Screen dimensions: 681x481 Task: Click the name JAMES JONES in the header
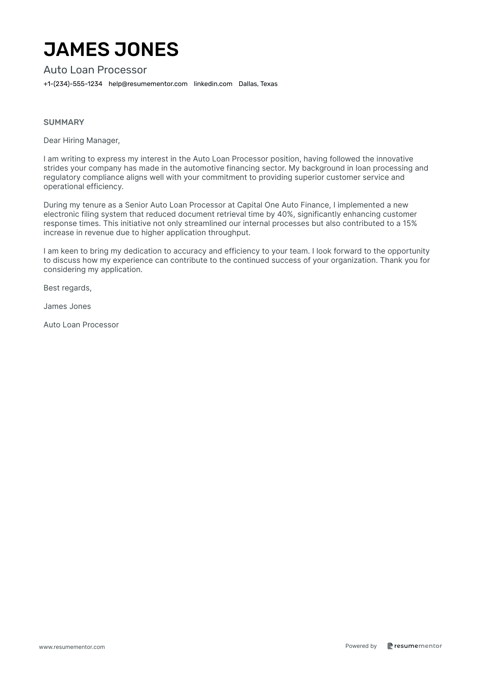click(111, 49)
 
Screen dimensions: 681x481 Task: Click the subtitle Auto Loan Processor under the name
click(95, 70)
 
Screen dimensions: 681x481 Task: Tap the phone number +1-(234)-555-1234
click(73, 84)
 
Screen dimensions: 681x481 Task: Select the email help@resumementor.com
click(148, 84)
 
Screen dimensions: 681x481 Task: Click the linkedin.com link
click(213, 84)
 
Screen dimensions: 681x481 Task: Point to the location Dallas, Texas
click(258, 84)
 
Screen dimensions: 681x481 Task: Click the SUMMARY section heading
click(63, 122)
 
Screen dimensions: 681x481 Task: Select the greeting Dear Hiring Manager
click(82, 141)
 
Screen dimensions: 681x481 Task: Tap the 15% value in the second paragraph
click(409, 224)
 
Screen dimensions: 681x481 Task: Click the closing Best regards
click(67, 288)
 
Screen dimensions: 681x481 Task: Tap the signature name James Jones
click(67, 307)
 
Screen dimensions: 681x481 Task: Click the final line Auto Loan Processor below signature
click(81, 325)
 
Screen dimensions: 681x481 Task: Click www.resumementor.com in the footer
click(72, 647)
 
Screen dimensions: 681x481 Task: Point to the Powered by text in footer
click(361, 646)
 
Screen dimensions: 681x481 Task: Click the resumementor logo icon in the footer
click(390, 646)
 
